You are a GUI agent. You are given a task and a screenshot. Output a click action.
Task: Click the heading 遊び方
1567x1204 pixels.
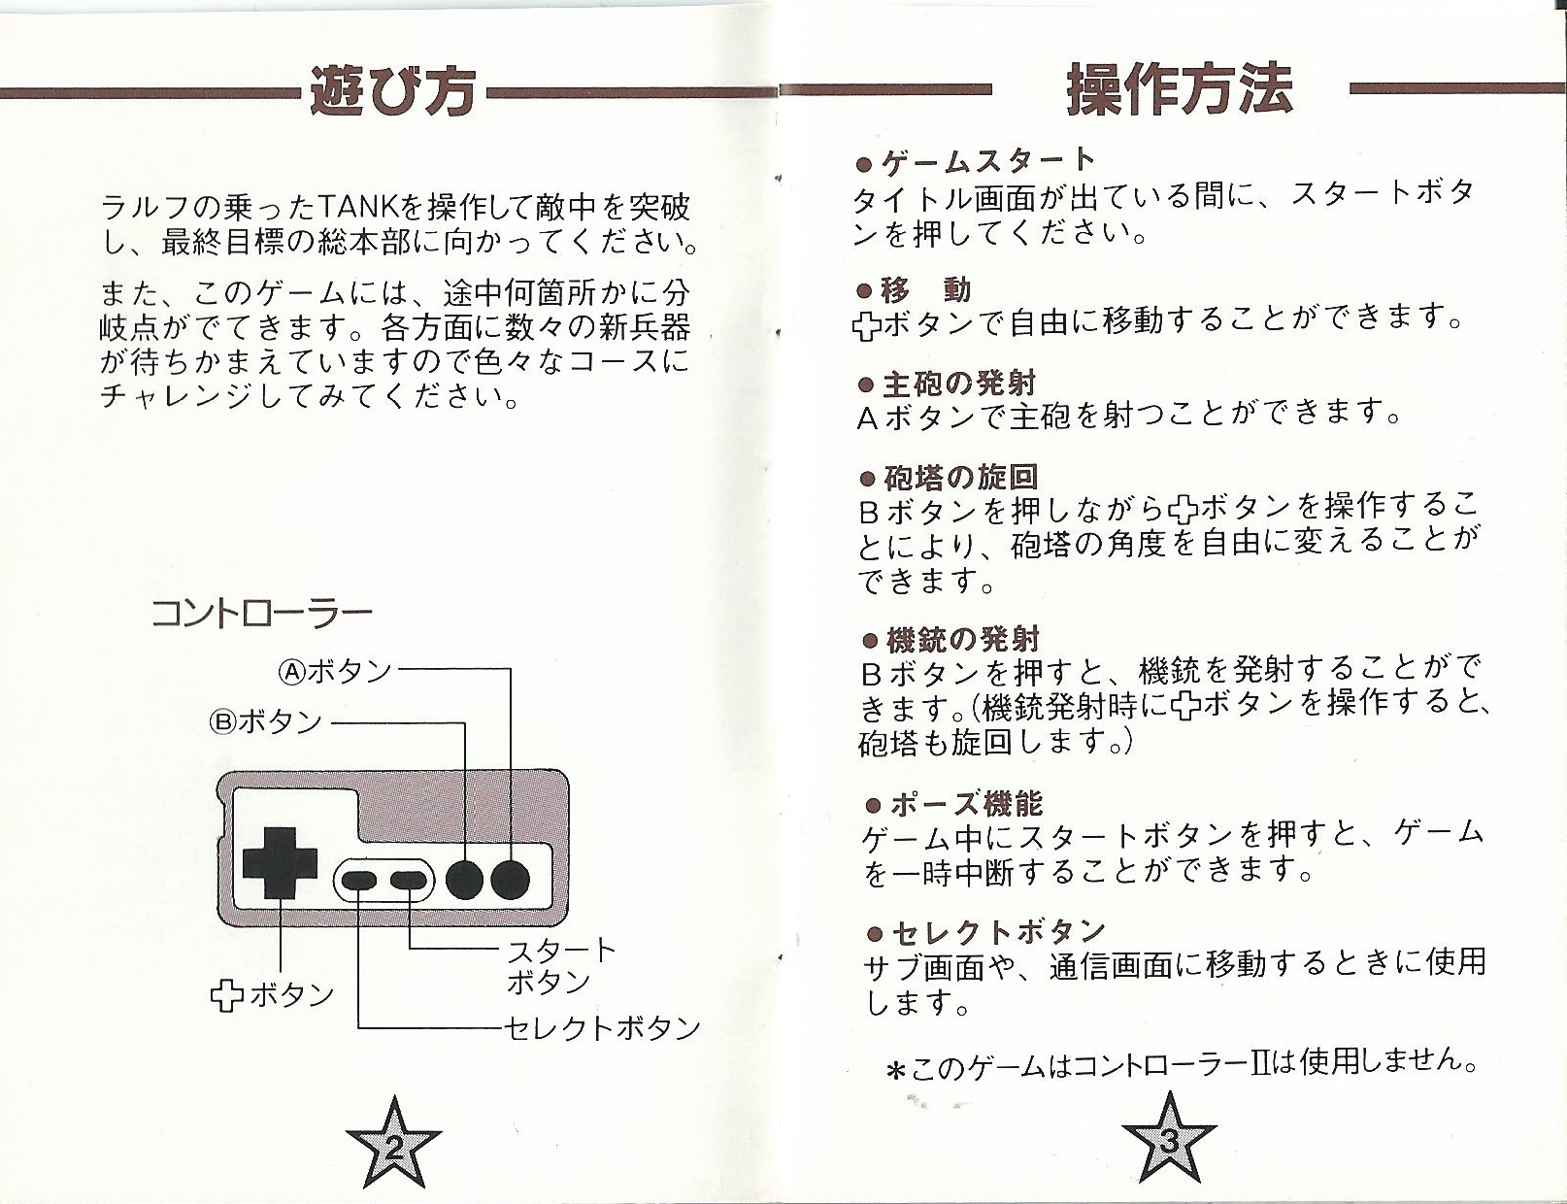(x=392, y=91)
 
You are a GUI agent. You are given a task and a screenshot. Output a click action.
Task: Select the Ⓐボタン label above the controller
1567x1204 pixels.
(x=334, y=672)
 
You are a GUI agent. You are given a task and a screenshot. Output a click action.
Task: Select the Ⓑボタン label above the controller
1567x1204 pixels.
(x=265, y=721)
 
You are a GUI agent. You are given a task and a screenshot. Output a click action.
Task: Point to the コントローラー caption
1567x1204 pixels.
(x=261, y=614)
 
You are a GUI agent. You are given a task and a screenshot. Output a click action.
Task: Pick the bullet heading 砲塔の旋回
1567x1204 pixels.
(x=950, y=478)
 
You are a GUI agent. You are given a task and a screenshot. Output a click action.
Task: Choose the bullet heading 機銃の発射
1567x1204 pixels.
(x=951, y=640)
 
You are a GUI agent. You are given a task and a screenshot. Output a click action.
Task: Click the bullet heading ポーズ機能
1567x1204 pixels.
(x=954, y=803)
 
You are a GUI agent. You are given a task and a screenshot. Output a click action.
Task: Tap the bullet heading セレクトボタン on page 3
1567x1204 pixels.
(x=985, y=933)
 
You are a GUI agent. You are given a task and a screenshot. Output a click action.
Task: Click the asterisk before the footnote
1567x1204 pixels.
(x=895, y=1071)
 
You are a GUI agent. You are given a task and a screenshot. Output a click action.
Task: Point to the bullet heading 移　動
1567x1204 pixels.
(x=914, y=290)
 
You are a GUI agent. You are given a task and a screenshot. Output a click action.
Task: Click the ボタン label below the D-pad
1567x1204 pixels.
(x=273, y=995)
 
